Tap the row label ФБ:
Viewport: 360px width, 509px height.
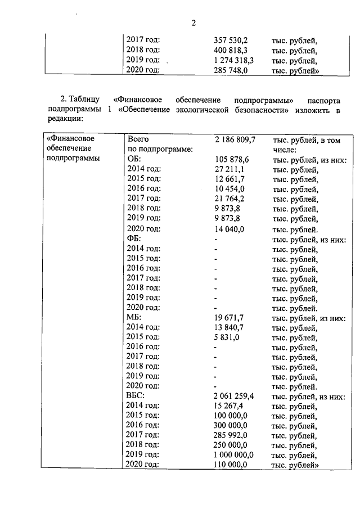(x=135, y=239)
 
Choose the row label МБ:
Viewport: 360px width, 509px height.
(x=136, y=318)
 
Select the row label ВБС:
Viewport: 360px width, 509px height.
(x=137, y=396)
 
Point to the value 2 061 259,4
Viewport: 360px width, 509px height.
(x=235, y=396)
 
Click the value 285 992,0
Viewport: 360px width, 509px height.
(x=231, y=435)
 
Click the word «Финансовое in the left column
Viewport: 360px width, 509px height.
(x=71, y=138)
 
